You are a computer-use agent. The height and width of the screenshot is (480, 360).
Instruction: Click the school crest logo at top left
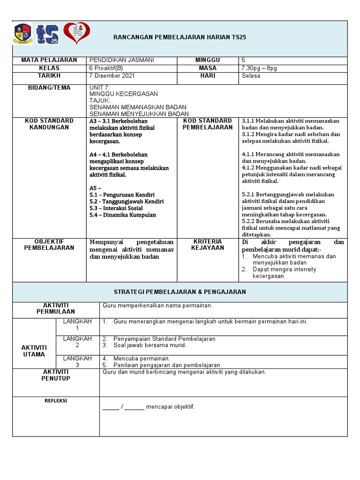click(22, 34)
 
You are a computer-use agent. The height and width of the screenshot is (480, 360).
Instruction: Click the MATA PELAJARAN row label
click(49, 60)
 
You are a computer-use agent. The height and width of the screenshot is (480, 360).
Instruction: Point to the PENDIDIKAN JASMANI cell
click(121, 60)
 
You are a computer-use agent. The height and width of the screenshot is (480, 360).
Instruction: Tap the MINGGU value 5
click(243, 60)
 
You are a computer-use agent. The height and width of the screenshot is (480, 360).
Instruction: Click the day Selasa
click(251, 76)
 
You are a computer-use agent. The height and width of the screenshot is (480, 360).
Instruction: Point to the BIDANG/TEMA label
click(49, 88)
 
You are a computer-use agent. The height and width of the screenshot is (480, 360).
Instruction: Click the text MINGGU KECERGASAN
click(123, 94)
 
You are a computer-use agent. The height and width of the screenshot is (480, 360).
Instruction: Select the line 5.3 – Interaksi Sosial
click(122, 208)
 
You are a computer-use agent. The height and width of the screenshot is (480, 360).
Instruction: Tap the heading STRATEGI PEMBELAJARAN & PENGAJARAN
click(180, 292)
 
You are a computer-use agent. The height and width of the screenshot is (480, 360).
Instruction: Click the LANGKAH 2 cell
click(77, 342)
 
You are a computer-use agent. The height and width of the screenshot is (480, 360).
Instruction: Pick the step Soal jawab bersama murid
click(150, 345)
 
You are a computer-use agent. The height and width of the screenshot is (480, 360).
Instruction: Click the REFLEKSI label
click(56, 401)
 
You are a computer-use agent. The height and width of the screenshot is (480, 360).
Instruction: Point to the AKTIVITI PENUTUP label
click(56, 375)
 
